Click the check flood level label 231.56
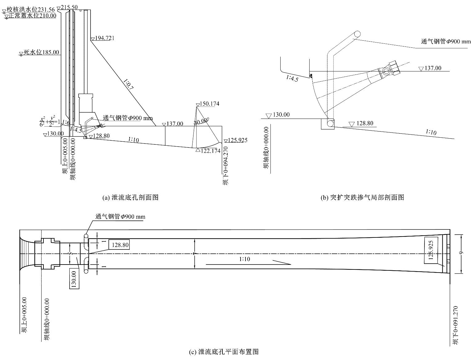click(x=30, y=10)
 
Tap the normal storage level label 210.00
click(x=32, y=16)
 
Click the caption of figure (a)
click(x=130, y=197)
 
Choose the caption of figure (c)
click(x=223, y=351)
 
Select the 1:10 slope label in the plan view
click(x=245, y=259)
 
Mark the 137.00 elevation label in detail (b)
click(x=433, y=68)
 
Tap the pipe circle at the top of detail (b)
click(x=357, y=34)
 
